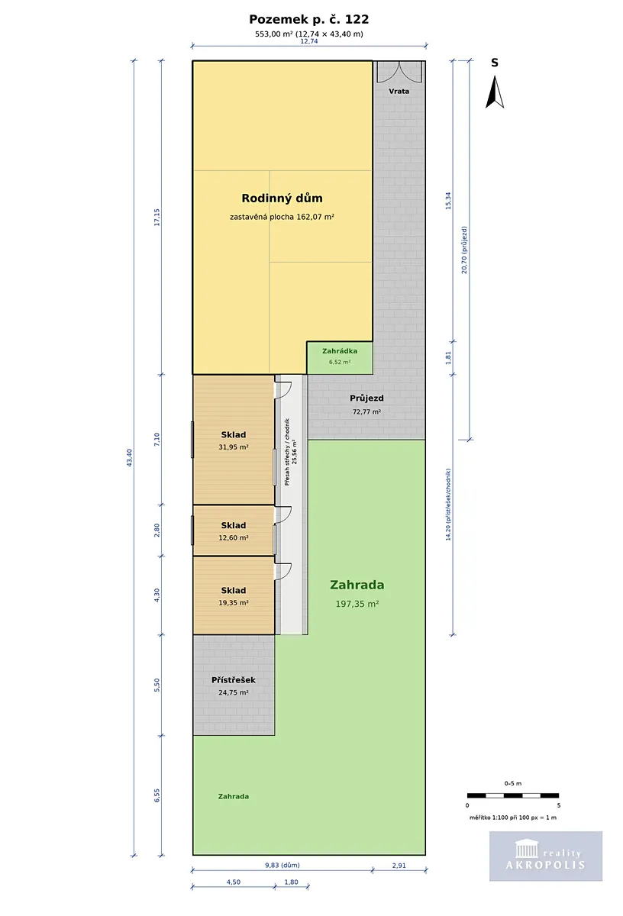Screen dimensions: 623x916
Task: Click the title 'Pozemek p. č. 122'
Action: (309, 19)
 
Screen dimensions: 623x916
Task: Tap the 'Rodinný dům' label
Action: (282, 198)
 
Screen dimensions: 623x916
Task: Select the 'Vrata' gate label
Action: (399, 91)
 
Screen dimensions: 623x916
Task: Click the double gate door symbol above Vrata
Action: (399, 73)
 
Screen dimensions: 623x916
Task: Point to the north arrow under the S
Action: (495, 92)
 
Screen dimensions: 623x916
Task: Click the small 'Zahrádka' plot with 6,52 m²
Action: (340, 358)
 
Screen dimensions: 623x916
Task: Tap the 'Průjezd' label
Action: (366, 398)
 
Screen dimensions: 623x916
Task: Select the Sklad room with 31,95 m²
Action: (234, 440)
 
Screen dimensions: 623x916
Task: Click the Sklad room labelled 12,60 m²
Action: (234, 531)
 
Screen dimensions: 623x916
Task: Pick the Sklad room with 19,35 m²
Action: (234, 595)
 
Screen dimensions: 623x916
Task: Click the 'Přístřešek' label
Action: (233, 680)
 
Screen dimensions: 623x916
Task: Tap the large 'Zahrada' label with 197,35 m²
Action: (357, 585)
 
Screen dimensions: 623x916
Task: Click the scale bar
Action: (513, 795)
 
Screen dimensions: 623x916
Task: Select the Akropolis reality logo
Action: (546, 856)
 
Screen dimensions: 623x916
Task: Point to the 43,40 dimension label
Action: (130, 457)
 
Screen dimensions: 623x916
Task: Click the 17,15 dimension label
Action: (157, 217)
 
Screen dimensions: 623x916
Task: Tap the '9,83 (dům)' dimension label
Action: (282, 866)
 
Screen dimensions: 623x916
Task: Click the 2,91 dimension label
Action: (399, 866)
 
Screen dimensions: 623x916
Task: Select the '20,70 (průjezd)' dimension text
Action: (464, 250)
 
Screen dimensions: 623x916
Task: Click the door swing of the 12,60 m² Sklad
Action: (283, 514)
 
